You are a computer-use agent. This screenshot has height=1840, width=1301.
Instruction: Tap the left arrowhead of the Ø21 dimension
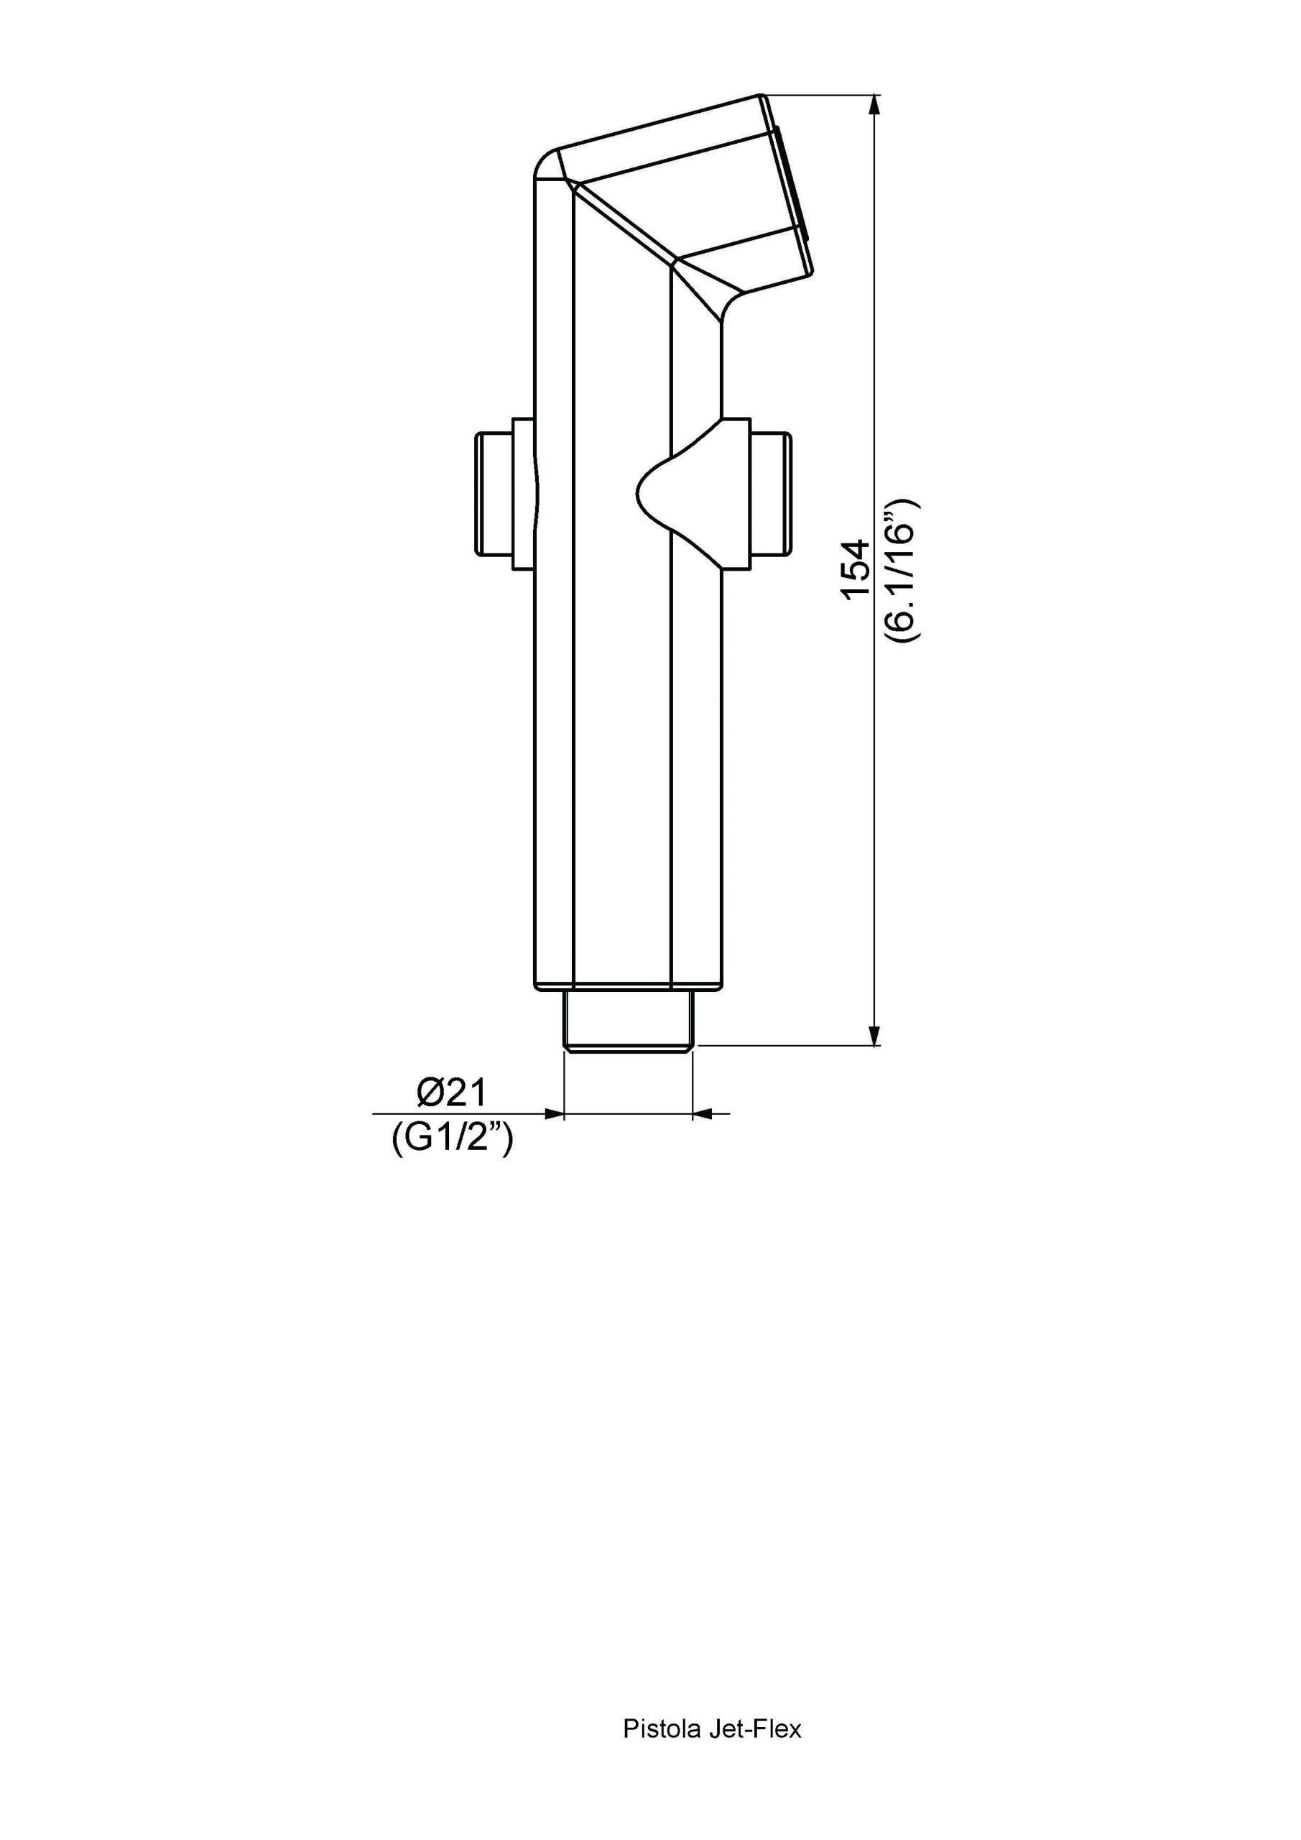coord(554,1113)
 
